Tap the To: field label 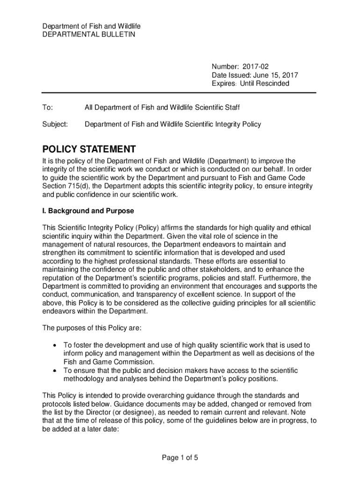coord(47,108)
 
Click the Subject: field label coord(55,124)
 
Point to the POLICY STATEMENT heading coord(89,149)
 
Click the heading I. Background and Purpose coord(88,210)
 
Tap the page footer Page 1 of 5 coord(180,457)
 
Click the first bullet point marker coord(55,345)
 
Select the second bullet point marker coord(55,370)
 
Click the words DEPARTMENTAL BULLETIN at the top coord(89,35)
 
